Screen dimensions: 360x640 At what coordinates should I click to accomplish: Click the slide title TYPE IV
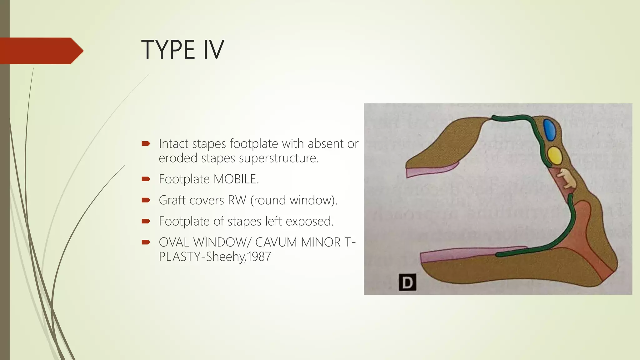pos(182,50)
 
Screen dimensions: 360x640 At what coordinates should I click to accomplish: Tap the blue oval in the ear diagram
pos(549,130)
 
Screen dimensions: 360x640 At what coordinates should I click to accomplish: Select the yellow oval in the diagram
pos(555,155)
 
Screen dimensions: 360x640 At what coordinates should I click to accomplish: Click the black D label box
pos(407,282)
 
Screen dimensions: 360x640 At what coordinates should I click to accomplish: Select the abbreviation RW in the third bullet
pos(237,200)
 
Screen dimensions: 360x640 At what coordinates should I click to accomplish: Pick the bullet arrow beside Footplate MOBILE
pos(146,179)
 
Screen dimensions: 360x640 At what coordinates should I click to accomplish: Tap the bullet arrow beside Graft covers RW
pos(146,200)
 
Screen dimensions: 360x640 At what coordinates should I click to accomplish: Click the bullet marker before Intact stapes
pos(146,144)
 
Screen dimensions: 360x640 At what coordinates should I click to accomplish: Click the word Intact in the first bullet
pos(174,144)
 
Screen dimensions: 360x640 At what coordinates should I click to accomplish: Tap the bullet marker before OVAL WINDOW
pos(146,242)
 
